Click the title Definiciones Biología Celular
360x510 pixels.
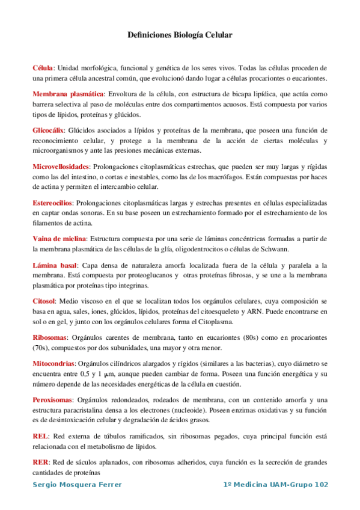(x=180, y=35)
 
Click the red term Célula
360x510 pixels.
(x=43, y=68)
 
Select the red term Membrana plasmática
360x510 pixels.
(x=68, y=94)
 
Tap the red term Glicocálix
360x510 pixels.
(x=49, y=130)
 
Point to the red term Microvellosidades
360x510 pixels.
(x=61, y=165)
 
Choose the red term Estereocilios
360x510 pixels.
(x=52, y=203)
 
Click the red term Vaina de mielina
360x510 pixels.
(x=59, y=239)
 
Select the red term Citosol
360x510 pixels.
(x=44, y=301)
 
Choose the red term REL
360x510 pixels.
(x=41, y=435)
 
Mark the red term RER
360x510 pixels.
(x=41, y=462)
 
